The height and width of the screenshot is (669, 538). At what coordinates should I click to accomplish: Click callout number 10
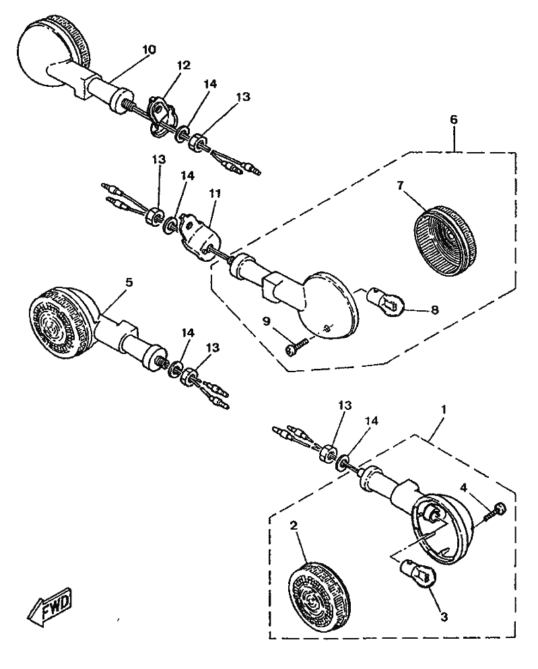[149, 50]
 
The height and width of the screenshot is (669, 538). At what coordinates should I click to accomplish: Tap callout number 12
[183, 65]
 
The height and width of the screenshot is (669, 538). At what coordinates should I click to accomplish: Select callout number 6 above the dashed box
[453, 120]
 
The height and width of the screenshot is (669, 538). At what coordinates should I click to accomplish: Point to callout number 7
[400, 185]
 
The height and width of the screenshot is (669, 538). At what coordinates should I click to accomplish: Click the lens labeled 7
[444, 240]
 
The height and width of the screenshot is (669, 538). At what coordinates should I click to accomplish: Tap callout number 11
[215, 194]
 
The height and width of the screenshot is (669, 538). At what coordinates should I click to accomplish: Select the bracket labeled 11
[200, 236]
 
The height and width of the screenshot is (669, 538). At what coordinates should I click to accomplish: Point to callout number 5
[129, 283]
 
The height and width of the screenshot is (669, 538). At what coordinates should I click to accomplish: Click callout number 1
[444, 410]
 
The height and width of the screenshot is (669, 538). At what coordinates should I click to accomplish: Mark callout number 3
[444, 617]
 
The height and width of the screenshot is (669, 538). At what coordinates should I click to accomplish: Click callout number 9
[266, 321]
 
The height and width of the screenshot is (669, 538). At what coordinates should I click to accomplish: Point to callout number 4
[465, 487]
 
